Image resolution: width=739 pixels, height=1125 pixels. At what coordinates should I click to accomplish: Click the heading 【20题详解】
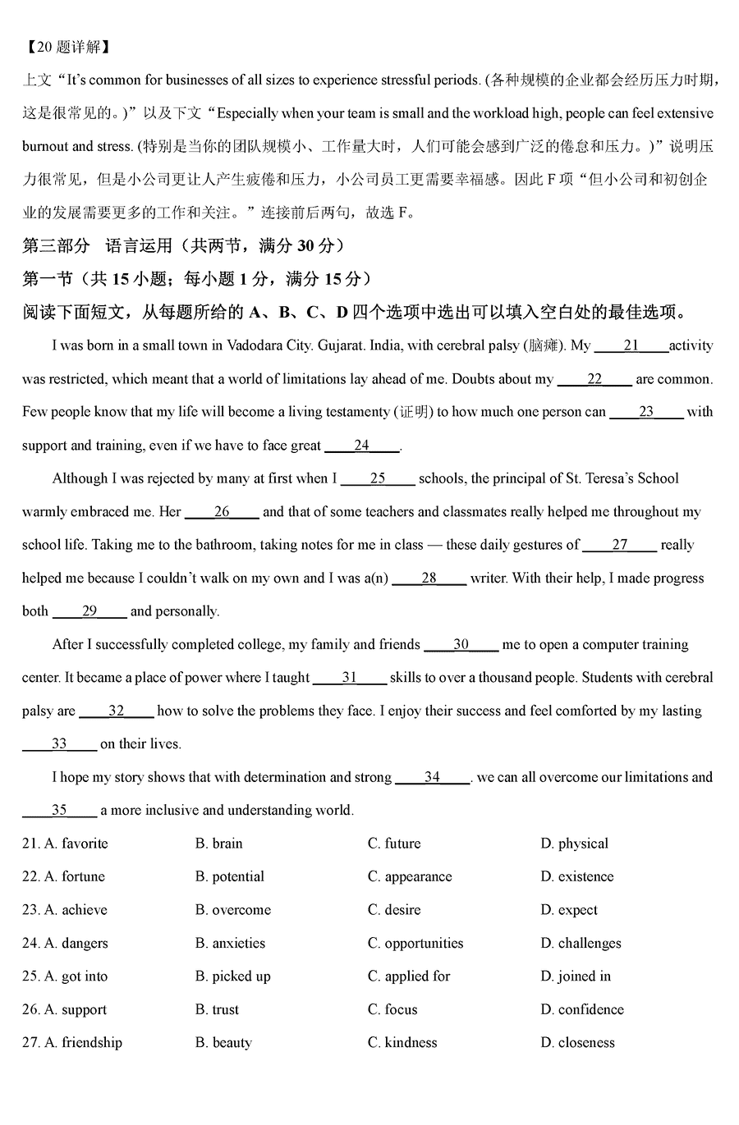[x=67, y=47]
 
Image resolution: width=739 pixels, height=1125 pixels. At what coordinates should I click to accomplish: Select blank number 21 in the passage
[x=631, y=345]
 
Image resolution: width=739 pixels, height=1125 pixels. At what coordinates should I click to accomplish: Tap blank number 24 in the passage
[x=362, y=446]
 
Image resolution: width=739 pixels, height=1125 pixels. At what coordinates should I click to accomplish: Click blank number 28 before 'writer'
[x=429, y=578]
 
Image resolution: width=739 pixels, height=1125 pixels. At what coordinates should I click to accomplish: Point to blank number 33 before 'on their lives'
[x=59, y=743]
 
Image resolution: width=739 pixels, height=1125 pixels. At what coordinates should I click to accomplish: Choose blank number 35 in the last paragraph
[x=59, y=810]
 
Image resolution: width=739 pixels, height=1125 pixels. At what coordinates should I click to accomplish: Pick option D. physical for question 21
[x=574, y=844]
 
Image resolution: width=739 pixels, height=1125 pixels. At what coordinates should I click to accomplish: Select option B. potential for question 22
[x=230, y=876]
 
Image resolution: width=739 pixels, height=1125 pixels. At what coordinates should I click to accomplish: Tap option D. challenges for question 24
[x=581, y=943]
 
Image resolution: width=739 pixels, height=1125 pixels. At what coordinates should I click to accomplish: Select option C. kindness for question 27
[x=402, y=1043]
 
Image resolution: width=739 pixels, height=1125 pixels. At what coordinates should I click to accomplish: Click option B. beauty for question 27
[x=223, y=1043]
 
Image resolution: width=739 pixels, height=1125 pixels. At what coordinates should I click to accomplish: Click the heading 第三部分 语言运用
[x=99, y=245]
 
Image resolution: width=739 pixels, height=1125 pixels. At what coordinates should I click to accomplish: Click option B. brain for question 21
[x=219, y=844]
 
